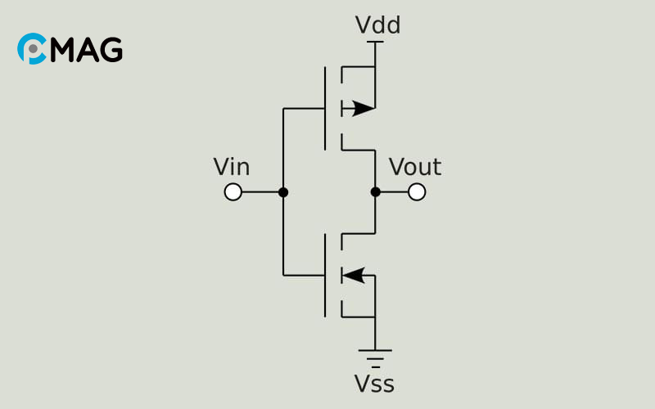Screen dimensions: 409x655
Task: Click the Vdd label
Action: [377, 26]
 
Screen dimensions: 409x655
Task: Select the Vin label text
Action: [232, 168]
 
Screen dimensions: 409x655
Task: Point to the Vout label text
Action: [415, 168]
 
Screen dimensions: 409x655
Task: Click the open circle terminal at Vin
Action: [233, 192]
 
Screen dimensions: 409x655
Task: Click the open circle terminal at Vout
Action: [417, 192]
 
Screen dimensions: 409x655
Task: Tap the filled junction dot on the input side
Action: [283, 192]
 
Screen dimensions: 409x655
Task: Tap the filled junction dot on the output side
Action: [375, 192]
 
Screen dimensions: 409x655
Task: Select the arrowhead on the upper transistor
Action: [363, 108]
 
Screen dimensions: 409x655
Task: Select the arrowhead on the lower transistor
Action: [354, 275]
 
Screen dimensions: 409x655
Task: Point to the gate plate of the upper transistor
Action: [325, 108]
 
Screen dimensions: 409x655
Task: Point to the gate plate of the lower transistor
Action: [325, 275]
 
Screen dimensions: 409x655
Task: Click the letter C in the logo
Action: [31, 49]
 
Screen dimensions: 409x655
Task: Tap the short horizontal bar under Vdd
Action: [375, 42]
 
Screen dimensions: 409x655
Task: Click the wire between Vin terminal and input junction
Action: [260, 192]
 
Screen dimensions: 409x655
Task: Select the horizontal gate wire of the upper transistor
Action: [304, 108]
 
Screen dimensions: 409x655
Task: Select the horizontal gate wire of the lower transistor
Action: [304, 275]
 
